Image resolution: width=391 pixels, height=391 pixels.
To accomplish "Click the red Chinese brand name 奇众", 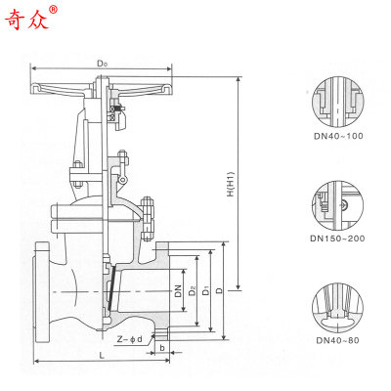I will (x=29, y=19).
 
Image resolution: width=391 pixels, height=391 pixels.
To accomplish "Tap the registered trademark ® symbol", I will (x=54, y=10).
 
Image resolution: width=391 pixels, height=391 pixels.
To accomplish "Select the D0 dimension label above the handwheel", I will (x=102, y=63).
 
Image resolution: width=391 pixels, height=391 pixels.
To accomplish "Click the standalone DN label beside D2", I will (x=178, y=291).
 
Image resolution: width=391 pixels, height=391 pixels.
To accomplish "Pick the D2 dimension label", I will (x=193, y=291).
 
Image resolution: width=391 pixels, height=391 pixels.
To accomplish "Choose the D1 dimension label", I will (x=205, y=291).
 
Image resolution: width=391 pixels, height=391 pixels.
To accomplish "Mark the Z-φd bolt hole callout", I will (x=129, y=339).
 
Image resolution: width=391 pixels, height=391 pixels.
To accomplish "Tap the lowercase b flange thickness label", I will (x=161, y=347).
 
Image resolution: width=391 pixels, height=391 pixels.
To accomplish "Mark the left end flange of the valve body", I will (x=43, y=293).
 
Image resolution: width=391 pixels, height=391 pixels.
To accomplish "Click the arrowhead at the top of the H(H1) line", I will (x=237, y=73).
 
